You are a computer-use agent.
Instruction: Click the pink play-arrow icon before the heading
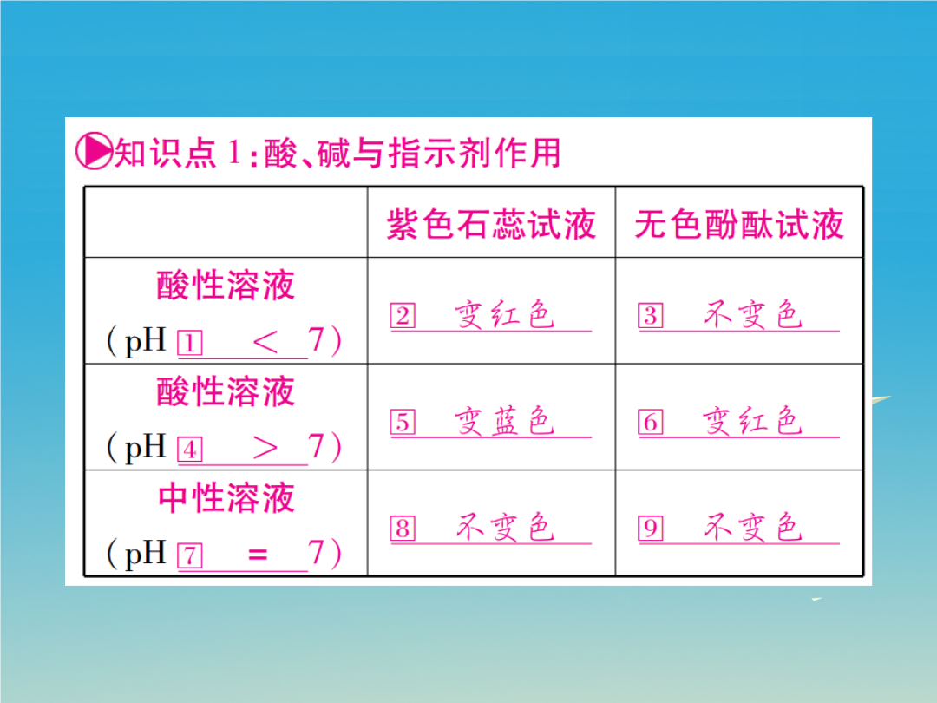pos(94,152)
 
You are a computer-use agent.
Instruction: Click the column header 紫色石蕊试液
pos(491,225)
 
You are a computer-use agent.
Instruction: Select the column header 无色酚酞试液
pos(739,225)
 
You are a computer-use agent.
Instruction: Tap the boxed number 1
pos(190,343)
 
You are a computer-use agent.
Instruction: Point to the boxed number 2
pos(403,316)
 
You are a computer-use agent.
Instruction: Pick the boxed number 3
pos(651,316)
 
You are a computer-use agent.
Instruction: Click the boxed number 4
pos(190,450)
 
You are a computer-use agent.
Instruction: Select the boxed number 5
pos(403,422)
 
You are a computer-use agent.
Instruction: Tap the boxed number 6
pos(651,422)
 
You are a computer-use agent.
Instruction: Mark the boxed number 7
pos(190,556)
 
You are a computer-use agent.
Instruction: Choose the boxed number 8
pos(403,529)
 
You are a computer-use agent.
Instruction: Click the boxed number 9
pos(651,529)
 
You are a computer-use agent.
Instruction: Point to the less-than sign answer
pos(265,342)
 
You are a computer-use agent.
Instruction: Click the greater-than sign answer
pos(265,449)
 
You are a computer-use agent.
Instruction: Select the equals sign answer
pos(258,555)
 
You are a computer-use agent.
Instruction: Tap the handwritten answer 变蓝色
pos(504,421)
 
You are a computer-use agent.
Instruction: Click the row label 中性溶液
pos(226,498)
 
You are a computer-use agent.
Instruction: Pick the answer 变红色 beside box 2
pos(504,314)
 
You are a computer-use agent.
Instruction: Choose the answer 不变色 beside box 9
pos(752,528)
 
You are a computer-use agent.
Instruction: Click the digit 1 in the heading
pos(234,153)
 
